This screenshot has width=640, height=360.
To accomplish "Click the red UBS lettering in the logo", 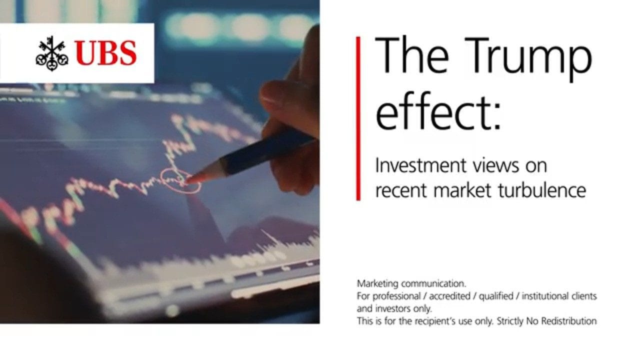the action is coord(106,53).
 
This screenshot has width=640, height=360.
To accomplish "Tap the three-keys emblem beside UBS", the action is coord(52,53).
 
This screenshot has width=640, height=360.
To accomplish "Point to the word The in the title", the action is coord(412,55).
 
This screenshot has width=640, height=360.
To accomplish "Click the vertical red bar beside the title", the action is coord(358,118).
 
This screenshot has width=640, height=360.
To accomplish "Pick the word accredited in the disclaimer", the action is coord(449,296).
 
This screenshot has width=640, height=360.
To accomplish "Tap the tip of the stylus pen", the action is coord(187,181).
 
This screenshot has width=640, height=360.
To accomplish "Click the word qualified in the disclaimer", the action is coord(495,296).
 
